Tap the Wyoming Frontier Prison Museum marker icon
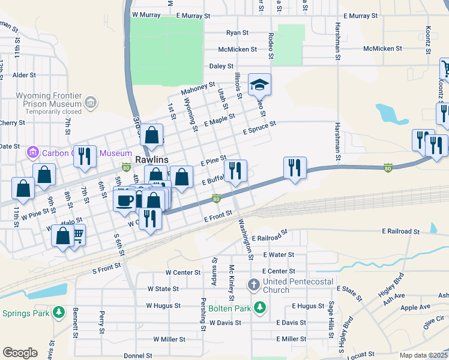coord(91,103)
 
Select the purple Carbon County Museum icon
coord(32,153)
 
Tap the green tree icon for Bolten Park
coord(259,308)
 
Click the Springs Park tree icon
coord(59,313)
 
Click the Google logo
coord(20,353)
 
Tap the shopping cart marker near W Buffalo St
coord(77,234)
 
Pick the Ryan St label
coord(237,33)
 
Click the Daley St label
coord(221,66)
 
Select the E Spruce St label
coord(259,127)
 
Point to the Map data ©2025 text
coord(423,355)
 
